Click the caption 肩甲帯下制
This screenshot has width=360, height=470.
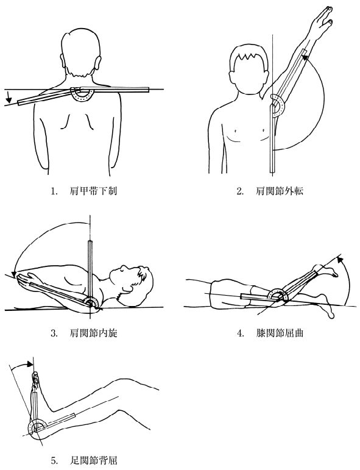pyautogui.click(x=93, y=191)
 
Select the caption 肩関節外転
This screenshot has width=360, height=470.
pyautogui.click(x=280, y=191)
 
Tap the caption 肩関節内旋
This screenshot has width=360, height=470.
pyautogui.click(x=93, y=333)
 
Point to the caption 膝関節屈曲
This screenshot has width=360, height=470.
pyautogui.click(x=280, y=333)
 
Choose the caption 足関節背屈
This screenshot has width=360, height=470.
pyautogui.click(x=93, y=460)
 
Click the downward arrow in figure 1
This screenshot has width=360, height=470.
pyautogui.click(x=9, y=96)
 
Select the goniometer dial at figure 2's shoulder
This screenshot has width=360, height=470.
pyautogui.click(x=278, y=105)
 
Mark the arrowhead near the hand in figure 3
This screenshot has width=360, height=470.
pyautogui.click(x=13, y=274)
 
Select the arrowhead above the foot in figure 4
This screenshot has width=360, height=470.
pyautogui.click(x=339, y=259)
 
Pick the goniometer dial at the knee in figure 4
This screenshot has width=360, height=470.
pyautogui.click(x=277, y=296)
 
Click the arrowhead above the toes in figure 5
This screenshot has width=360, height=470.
pyautogui.click(x=29, y=363)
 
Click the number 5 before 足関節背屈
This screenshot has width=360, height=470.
pyautogui.click(x=54, y=460)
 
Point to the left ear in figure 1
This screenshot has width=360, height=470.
pyautogui.click(x=98, y=64)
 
